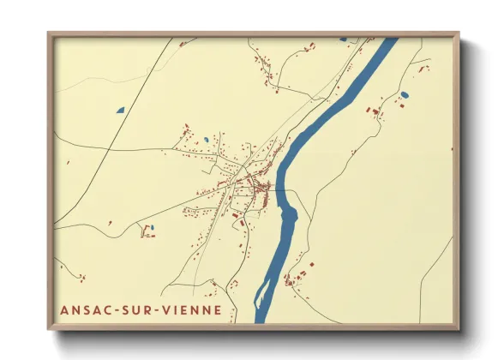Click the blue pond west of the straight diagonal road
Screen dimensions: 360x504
120,110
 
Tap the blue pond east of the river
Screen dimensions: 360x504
405,94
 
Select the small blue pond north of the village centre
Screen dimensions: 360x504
206,139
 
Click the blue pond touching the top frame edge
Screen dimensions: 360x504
343,39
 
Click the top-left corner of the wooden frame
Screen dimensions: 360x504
49,34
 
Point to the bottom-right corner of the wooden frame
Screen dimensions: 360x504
458,328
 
